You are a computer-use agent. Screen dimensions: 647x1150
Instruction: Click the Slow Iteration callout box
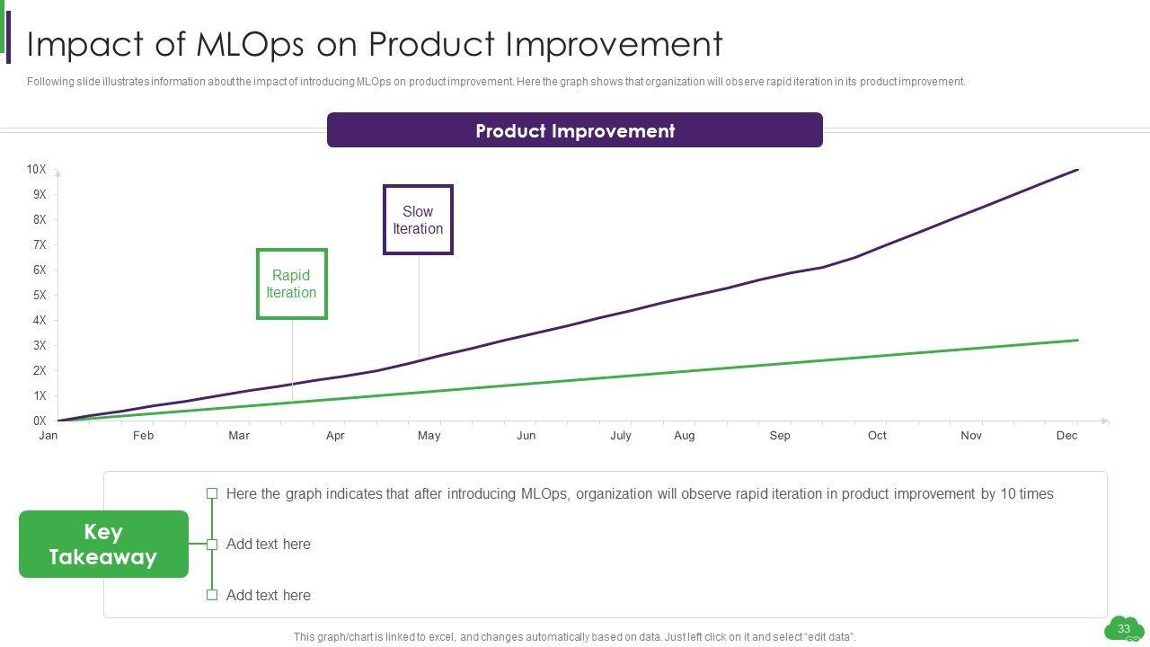coord(418,220)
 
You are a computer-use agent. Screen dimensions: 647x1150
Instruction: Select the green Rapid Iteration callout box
coord(291,284)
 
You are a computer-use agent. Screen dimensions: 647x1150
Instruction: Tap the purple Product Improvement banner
coord(574,130)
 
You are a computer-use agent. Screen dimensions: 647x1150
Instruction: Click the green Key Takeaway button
coord(103,545)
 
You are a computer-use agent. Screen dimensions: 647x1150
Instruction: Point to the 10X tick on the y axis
coord(36,169)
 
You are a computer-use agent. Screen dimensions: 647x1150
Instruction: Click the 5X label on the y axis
coord(39,295)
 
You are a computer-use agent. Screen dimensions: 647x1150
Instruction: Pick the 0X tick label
coord(39,421)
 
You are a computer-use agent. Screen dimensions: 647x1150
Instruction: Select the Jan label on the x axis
coord(49,436)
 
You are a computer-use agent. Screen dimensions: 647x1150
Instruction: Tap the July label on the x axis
coord(621,436)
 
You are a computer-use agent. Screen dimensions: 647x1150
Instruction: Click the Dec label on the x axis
coord(1066,436)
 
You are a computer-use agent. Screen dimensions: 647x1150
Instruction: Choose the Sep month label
coord(780,436)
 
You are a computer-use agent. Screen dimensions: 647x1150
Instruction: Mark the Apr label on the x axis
coord(335,436)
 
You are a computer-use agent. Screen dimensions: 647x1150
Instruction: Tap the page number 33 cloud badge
coord(1123,629)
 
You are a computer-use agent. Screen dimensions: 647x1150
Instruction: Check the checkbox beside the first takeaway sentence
coord(212,493)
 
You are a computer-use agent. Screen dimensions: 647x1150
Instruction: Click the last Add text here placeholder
coord(268,595)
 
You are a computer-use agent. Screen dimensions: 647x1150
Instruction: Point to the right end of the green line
coord(1077,341)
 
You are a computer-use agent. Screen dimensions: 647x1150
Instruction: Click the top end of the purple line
coord(1076,169)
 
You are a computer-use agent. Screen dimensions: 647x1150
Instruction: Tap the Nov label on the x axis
coord(971,436)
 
